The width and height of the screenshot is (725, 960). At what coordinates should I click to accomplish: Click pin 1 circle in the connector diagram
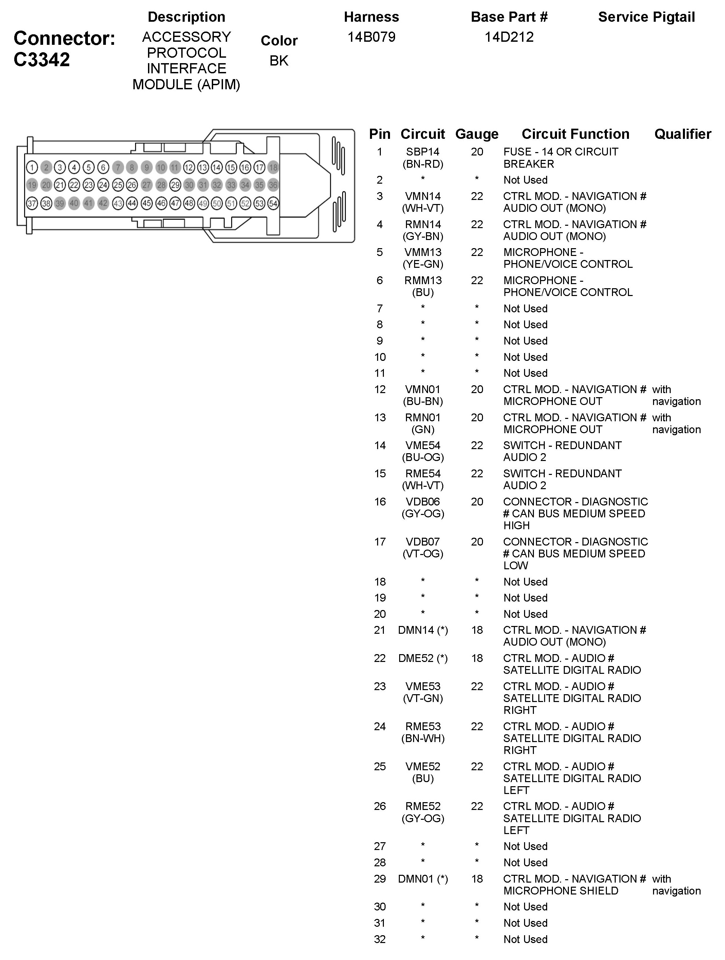click(x=32, y=167)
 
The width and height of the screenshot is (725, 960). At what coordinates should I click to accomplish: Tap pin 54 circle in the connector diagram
click(x=273, y=203)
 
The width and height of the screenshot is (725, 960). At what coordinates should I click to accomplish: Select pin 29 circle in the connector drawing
click(x=175, y=185)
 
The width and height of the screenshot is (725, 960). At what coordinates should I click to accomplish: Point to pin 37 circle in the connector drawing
click(x=32, y=203)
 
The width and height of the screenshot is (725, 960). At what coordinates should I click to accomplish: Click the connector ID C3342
click(x=42, y=60)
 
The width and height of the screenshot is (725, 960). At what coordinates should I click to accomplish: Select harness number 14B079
click(x=371, y=37)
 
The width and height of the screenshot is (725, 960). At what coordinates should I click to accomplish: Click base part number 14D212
click(x=509, y=37)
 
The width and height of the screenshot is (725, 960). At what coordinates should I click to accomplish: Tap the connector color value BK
click(x=279, y=61)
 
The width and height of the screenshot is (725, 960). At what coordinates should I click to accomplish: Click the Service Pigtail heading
click(x=646, y=17)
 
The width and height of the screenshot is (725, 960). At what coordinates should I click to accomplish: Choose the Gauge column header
click(x=477, y=134)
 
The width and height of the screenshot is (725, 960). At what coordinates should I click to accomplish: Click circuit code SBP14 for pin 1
click(x=423, y=152)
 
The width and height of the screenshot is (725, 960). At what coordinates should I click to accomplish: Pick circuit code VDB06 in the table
click(x=423, y=502)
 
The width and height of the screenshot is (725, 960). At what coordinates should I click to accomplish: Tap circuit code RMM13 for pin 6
click(x=423, y=280)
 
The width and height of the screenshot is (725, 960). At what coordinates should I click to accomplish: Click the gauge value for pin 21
click(x=477, y=630)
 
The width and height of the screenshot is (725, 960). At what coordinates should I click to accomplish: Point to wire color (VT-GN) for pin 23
click(x=423, y=698)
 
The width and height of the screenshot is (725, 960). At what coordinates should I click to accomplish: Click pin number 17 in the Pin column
click(x=379, y=542)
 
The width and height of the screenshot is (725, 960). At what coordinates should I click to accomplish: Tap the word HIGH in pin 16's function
click(x=516, y=525)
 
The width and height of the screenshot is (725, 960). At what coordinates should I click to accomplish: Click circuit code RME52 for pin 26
click(x=423, y=806)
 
